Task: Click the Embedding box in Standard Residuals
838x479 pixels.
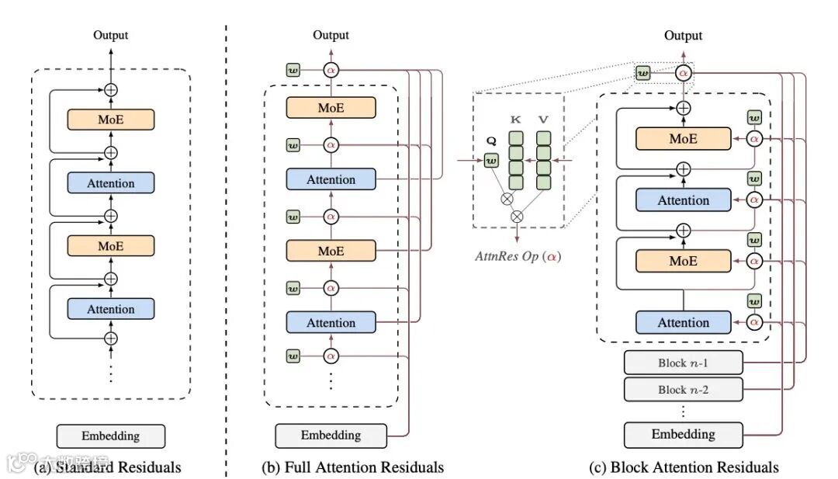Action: click(111, 436)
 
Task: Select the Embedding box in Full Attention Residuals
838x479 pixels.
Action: click(331, 435)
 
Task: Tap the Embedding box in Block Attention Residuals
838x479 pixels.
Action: click(684, 434)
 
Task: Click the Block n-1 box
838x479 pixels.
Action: click(684, 363)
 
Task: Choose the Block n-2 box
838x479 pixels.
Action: click(684, 390)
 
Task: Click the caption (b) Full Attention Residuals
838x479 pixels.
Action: click(353, 467)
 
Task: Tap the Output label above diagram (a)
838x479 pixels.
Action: click(111, 35)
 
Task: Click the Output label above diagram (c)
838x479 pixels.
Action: click(684, 36)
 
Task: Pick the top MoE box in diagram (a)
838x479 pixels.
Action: click(111, 120)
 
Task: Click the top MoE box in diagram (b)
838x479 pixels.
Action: click(331, 108)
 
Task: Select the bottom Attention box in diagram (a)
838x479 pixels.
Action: click(111, 309)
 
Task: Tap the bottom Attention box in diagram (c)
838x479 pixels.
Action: click(684, 322)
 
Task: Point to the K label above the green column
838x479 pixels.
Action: click(515, 120)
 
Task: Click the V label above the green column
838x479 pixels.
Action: click(543, 120)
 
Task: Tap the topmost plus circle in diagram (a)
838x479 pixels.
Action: click(111, 89)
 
